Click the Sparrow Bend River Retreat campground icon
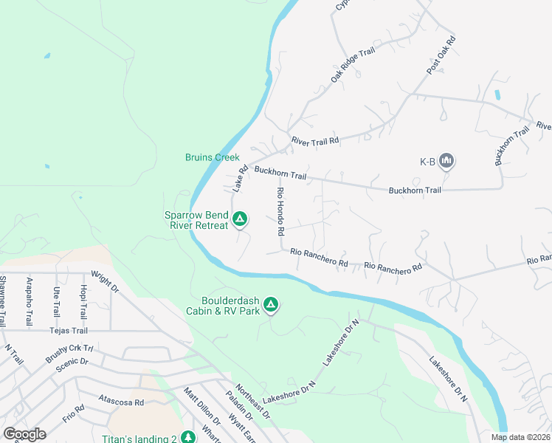tap(240, 219)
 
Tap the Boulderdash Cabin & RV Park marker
tap(271, 304)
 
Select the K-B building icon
tap(446, 160)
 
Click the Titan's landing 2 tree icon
tap(188, 437)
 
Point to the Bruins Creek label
tap(213, 157)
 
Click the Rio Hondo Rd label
tap(280, 211)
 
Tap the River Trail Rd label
tap(314, 140)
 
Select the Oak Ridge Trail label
tap(348, 64)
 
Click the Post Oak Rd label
tap(441, 53)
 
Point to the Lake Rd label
tap(239, 179)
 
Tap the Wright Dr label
tap(105, 284)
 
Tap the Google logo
tap(24, 434)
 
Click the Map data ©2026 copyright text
tap(520, 437)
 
